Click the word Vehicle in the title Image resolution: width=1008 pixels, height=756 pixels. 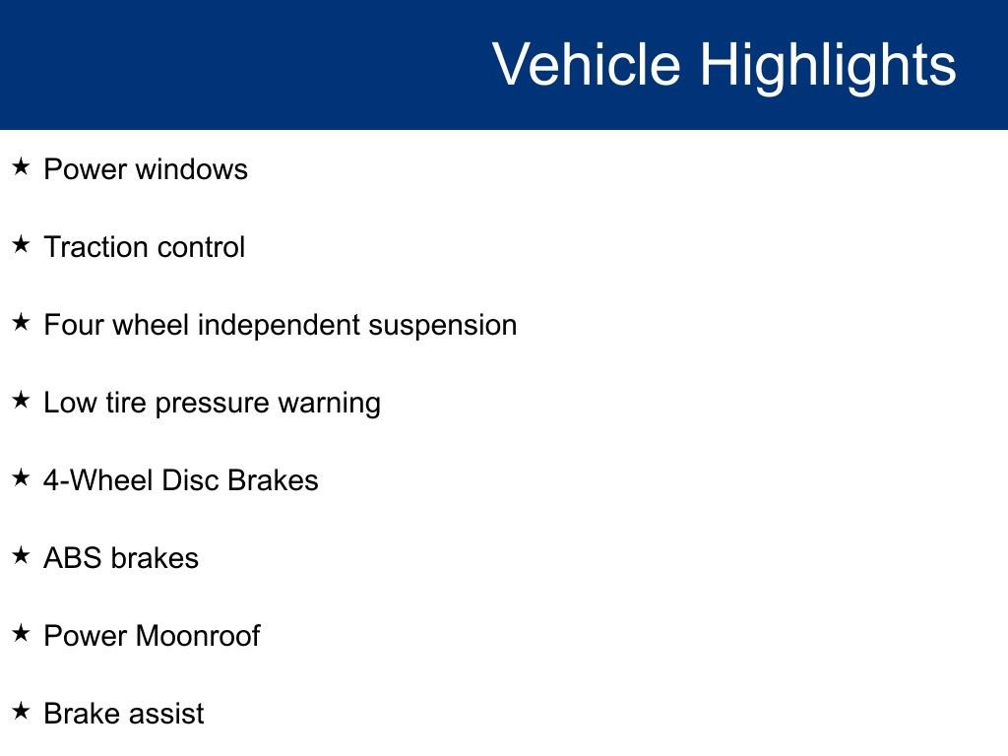(586, 65)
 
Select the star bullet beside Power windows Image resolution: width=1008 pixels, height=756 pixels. (21, 167)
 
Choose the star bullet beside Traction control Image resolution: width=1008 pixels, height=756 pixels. (21, 245)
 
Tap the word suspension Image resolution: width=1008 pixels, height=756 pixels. (442, 326)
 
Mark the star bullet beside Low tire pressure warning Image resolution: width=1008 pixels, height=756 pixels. (21, 401)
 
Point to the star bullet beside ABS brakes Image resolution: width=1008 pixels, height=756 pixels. (21, 556)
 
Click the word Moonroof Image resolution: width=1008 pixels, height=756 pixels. (198, 636)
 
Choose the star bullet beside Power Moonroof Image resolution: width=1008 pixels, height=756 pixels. (21, 634)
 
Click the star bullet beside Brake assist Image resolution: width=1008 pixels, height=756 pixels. (21, 712)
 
